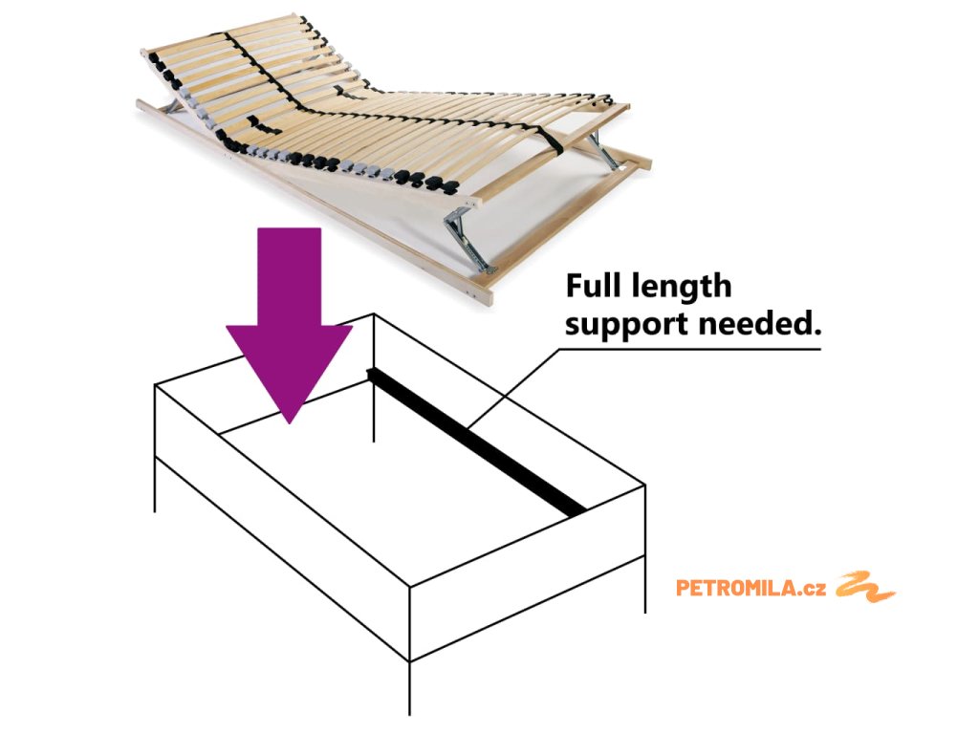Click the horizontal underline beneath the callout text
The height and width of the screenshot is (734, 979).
[x=688, y=349]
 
